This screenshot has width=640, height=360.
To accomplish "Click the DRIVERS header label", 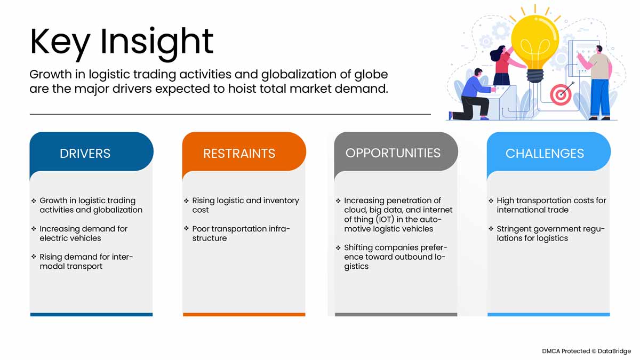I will click(85, 154).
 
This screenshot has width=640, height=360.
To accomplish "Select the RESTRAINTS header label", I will click(239, 154).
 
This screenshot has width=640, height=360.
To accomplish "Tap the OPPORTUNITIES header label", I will click(393, 153).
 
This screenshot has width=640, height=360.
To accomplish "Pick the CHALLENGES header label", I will click(545, 154).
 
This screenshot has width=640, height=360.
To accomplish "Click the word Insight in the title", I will click(157, 42).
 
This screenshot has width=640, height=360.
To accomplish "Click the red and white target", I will click(560, 95).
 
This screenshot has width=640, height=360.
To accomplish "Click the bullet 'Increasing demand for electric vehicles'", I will click(83, 234).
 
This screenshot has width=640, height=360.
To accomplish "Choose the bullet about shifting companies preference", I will click(395, 257).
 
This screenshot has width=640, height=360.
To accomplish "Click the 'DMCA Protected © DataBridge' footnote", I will click(586, 351).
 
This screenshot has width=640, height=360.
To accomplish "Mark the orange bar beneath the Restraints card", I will click(244, 315).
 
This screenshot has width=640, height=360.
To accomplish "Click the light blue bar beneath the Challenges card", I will click(548, 315).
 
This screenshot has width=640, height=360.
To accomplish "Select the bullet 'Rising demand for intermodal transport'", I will click(86, 262).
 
